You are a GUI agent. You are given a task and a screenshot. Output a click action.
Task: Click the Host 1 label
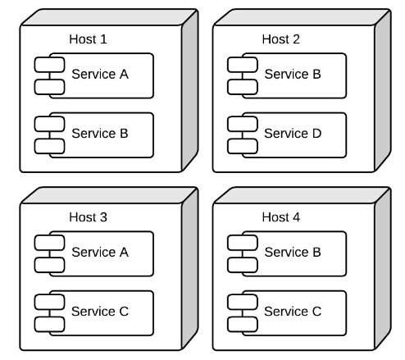(88, 39)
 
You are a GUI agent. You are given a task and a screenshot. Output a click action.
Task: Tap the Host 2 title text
(280, 39)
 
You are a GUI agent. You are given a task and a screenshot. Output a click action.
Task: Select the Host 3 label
(88, 217)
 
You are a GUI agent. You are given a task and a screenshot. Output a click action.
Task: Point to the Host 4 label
(281, 217)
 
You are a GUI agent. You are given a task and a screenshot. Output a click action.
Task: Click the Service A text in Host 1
(100, 74)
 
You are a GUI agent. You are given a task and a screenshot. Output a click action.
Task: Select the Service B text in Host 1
(100, 134)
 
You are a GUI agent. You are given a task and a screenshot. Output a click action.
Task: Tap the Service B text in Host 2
(293, 74)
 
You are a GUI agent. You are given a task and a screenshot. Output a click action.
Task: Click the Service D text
(293, 134)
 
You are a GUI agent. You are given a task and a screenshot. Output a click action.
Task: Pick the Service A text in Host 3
(100, 252)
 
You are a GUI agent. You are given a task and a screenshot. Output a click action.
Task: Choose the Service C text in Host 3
(100, 312)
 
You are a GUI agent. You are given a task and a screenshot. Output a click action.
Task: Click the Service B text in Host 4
(293, 252)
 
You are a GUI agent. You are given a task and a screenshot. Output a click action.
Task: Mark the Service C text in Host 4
(293, 312)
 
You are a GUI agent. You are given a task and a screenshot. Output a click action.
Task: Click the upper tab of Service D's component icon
(243, 124)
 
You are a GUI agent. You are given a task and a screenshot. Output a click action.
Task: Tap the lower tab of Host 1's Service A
(49, 87)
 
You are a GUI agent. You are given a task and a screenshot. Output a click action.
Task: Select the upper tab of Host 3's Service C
(49, 302)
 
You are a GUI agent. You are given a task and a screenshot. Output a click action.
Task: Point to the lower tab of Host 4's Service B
(243, 265)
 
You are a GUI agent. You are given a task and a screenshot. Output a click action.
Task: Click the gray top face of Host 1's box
(109, 17)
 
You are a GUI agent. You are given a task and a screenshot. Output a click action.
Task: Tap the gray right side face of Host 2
(383, 90)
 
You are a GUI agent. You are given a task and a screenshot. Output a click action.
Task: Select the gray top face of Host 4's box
(302, 195)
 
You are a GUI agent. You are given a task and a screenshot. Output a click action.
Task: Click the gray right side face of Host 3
(189, 268)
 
